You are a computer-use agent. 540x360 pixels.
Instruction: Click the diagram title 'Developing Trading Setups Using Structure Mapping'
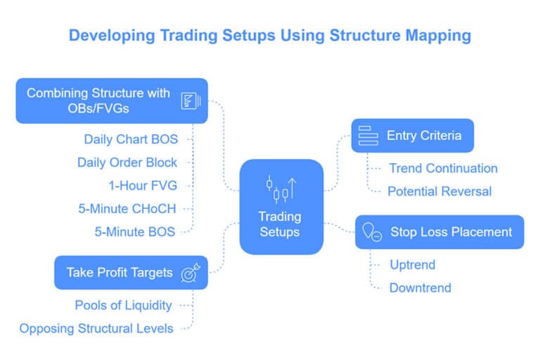[x=269, y=35]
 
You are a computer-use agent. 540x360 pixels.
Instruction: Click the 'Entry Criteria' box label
[x=424, y=135]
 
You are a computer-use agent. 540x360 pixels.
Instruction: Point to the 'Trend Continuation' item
[x=443, y=168]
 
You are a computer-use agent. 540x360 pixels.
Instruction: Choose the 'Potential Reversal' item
[x=440, y=191]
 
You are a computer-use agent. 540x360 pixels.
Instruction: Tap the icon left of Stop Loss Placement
[x=371, y=232]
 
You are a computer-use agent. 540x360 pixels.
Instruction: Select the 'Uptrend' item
[x=413, y=264]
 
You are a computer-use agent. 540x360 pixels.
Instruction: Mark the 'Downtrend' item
[x=420, y=287]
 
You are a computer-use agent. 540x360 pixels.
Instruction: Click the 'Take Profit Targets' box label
[x=120, y=272]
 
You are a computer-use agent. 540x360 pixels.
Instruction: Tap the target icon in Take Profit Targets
[x=191, y=272]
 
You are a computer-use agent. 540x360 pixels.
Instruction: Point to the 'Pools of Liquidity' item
[x=123, y=305]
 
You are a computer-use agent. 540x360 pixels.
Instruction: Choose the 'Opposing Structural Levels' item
[x=96, y=328]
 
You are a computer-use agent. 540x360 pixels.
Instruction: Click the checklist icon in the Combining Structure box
[x=189, y=101]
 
